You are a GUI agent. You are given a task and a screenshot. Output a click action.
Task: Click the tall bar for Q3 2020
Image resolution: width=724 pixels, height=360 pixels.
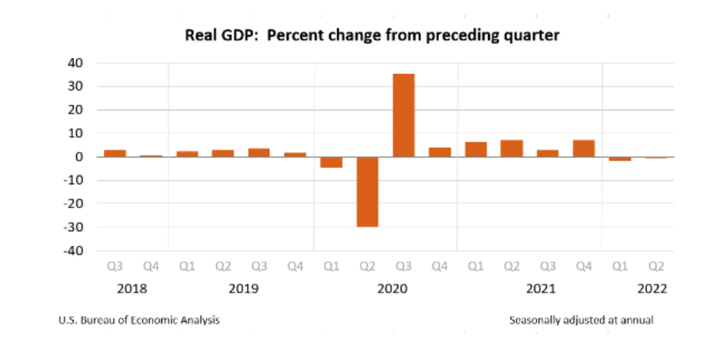(x=404, y=115)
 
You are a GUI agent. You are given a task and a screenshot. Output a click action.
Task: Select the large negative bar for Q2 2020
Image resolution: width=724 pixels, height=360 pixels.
(x=367, y=192)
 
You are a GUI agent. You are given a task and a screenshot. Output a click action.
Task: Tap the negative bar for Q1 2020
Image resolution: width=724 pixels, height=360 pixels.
(x=331, y=162)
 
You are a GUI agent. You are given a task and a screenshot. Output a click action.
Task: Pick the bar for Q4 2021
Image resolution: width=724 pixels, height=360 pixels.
(x=583, y=149)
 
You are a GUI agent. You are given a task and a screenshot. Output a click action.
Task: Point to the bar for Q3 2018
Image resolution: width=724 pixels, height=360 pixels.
(x=115, y=153)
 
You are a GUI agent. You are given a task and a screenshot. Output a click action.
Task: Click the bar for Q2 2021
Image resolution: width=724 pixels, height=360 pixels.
(x=512, y=149)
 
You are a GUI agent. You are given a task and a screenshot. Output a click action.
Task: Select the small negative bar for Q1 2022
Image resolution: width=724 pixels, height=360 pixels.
(x=620, y=159)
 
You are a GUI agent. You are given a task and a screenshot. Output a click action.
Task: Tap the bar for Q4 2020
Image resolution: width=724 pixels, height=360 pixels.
(x=439, y=153)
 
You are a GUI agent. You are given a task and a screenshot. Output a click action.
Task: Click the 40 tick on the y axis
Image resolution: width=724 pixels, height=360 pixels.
(x=75, y=64)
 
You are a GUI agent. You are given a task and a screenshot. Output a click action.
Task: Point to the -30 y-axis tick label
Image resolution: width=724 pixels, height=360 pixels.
(x=74, y=227)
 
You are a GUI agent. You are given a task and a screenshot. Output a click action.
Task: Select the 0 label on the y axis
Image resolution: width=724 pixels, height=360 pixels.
(x=80, y=157)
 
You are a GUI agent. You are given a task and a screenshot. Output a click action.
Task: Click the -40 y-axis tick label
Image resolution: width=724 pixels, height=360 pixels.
(x=74, y=251)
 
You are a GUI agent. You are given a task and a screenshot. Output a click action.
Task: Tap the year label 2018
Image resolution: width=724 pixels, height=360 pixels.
(x=132, y=289)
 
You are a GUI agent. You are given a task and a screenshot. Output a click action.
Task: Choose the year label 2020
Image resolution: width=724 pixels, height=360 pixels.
(x=393, y=289)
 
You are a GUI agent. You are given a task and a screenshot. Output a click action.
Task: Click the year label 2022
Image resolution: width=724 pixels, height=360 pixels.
(x=652, y=289)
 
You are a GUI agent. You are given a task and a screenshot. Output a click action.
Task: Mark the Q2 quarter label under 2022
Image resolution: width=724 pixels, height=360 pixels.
(x=656, y=267)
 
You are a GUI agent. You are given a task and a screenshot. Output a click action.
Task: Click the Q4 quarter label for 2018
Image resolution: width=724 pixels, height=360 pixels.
(x=151, y=267)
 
